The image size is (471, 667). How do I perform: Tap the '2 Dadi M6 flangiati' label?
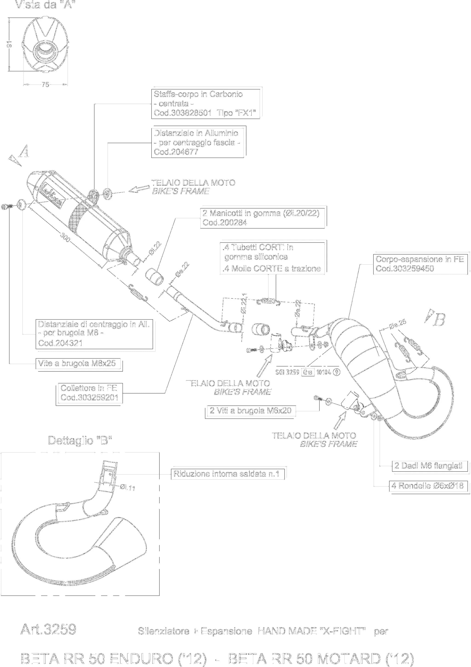(428, 466)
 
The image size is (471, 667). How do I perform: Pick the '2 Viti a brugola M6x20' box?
(250, 411)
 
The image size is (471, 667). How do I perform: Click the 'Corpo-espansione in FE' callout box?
(419, 264)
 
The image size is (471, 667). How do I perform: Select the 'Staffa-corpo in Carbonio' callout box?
(205, 104)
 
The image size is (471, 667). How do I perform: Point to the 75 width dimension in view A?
(45, 85)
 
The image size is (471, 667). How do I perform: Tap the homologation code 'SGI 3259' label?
(287, 372)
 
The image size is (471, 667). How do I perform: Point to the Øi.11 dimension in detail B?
(127, 488)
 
